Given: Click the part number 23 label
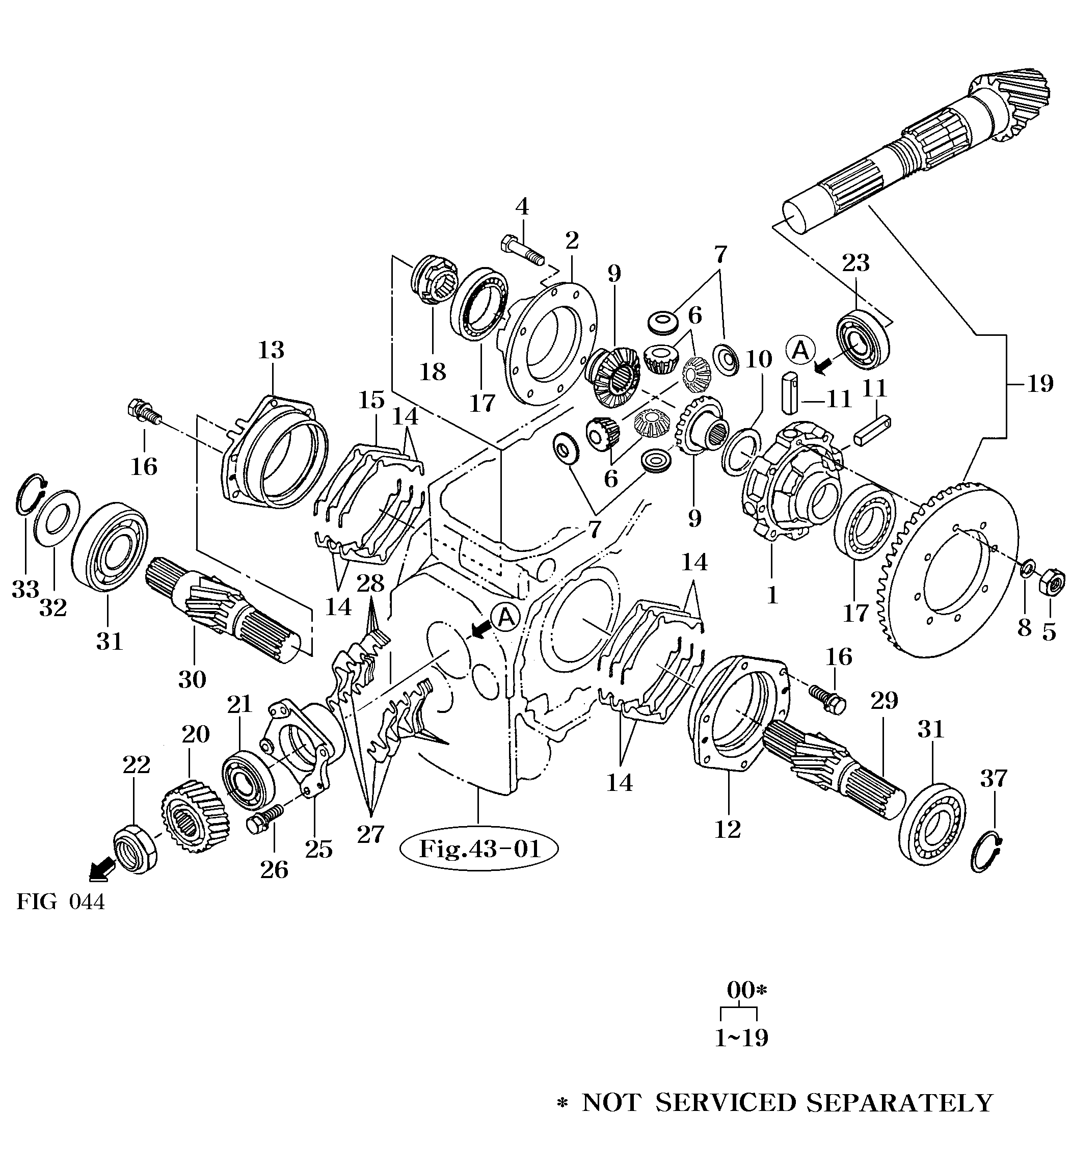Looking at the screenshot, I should click(856, 263).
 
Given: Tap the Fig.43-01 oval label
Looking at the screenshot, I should click(479, 850).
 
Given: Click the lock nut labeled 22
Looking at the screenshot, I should click(135, 849).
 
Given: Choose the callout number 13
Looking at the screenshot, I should click(271, 350).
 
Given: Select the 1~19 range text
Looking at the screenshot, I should click(741, 1038).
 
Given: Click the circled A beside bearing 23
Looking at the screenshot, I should click(800, 350).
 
